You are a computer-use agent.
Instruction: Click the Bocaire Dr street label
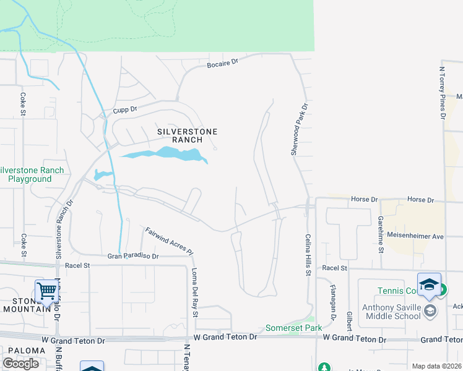pos(223,63)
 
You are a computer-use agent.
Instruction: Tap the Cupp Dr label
pos(124,110)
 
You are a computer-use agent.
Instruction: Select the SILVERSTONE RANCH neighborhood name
pos(180,135)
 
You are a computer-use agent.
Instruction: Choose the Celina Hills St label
pos(308,255)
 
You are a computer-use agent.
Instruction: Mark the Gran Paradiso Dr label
pos(133,256)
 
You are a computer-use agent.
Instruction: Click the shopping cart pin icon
pos(46,289)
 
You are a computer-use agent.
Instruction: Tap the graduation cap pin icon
pos(429,284)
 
